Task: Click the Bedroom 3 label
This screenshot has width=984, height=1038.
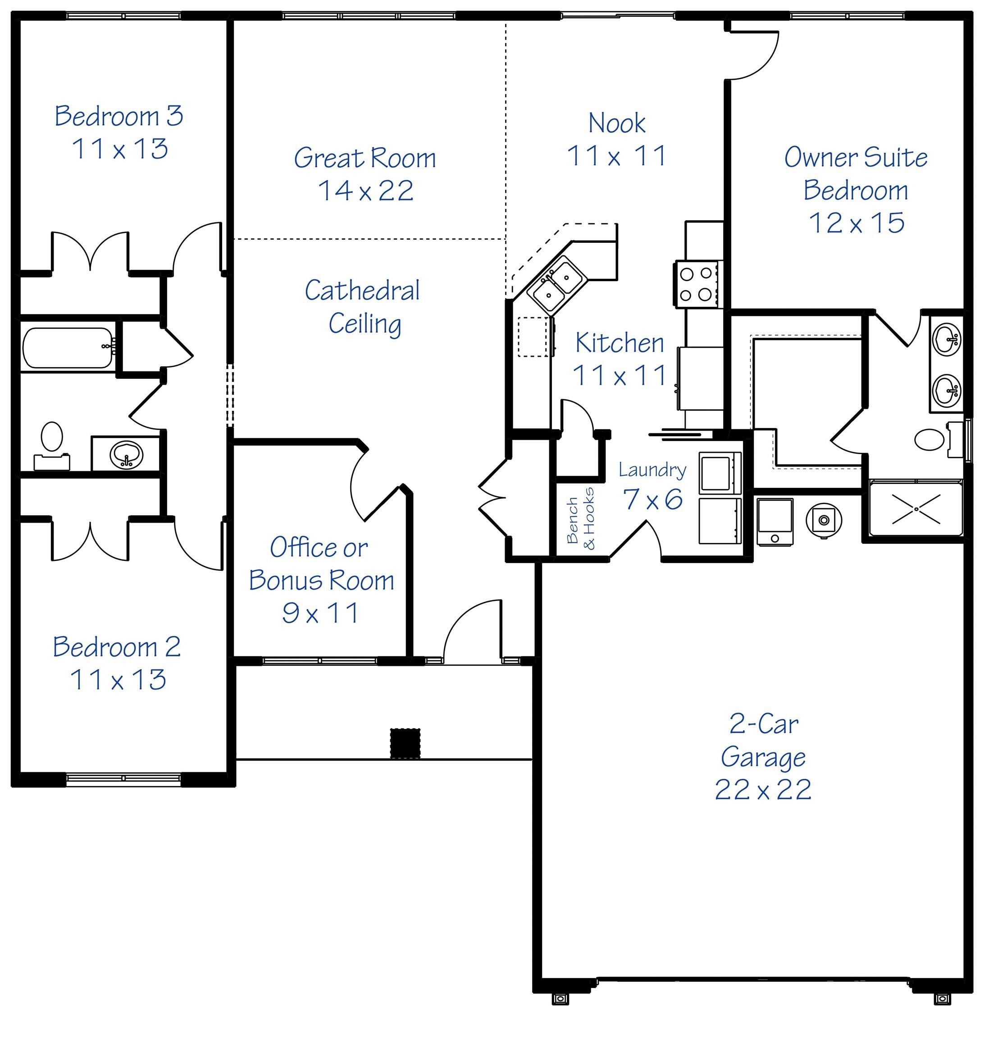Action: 119,116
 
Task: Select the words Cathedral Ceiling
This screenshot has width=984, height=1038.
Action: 363,307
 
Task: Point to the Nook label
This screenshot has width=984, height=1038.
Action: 617,123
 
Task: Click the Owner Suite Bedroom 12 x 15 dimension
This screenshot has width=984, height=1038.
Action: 856,223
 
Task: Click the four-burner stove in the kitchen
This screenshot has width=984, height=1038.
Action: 696,284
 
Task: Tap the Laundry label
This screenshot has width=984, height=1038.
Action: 652,470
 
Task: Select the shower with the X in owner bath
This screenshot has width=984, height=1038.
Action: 916,508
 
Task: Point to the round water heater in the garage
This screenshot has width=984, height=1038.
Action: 824,519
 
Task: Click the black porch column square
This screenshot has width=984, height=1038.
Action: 405,743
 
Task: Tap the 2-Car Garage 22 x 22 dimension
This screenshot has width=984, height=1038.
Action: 763,789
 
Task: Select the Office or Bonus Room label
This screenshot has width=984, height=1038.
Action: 321,564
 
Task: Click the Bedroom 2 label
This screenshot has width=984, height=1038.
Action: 117,646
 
